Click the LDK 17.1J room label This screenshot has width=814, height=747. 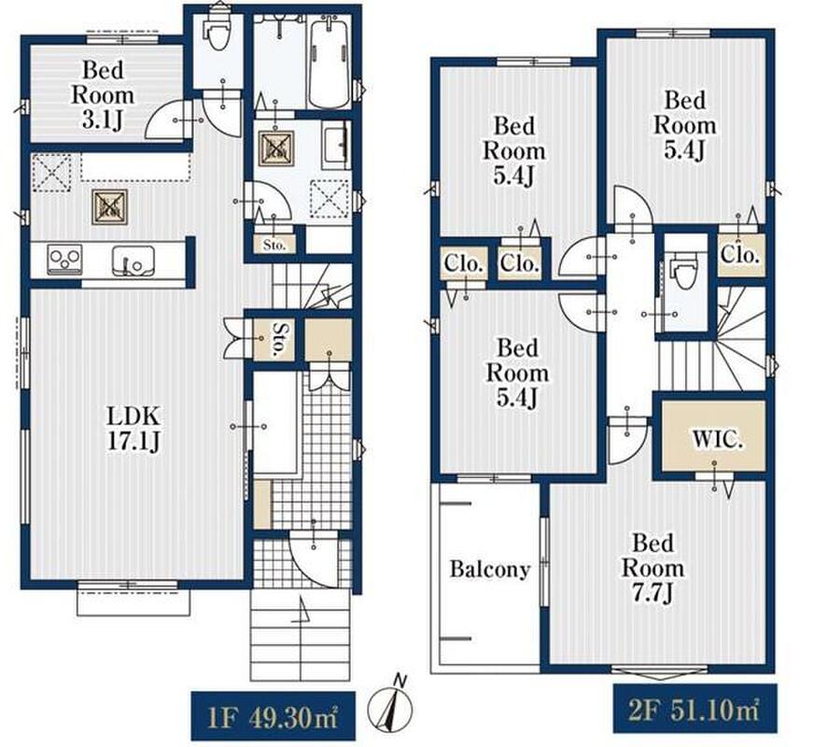coord(133,429)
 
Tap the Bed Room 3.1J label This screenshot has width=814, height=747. coord(103,95)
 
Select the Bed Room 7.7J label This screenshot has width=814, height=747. coord(653,569)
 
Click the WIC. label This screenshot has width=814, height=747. coord(718,440)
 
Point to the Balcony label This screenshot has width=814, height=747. coord(489,570)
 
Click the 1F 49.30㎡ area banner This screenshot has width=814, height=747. coord(274,715)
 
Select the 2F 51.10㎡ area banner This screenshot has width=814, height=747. coord(695,709)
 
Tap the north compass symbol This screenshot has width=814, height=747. coord(390,702)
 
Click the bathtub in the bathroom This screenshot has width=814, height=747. coord(330,63)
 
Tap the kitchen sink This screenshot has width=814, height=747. coord(133,261)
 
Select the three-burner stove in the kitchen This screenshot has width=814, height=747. coord(64,259)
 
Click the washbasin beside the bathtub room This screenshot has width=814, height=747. coord(335,147)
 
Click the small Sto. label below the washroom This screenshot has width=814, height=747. coord(274,245)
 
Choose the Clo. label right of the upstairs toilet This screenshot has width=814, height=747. coord(739,255)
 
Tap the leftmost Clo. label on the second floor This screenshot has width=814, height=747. coord(464,264)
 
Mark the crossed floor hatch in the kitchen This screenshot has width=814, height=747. coord(110,206)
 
